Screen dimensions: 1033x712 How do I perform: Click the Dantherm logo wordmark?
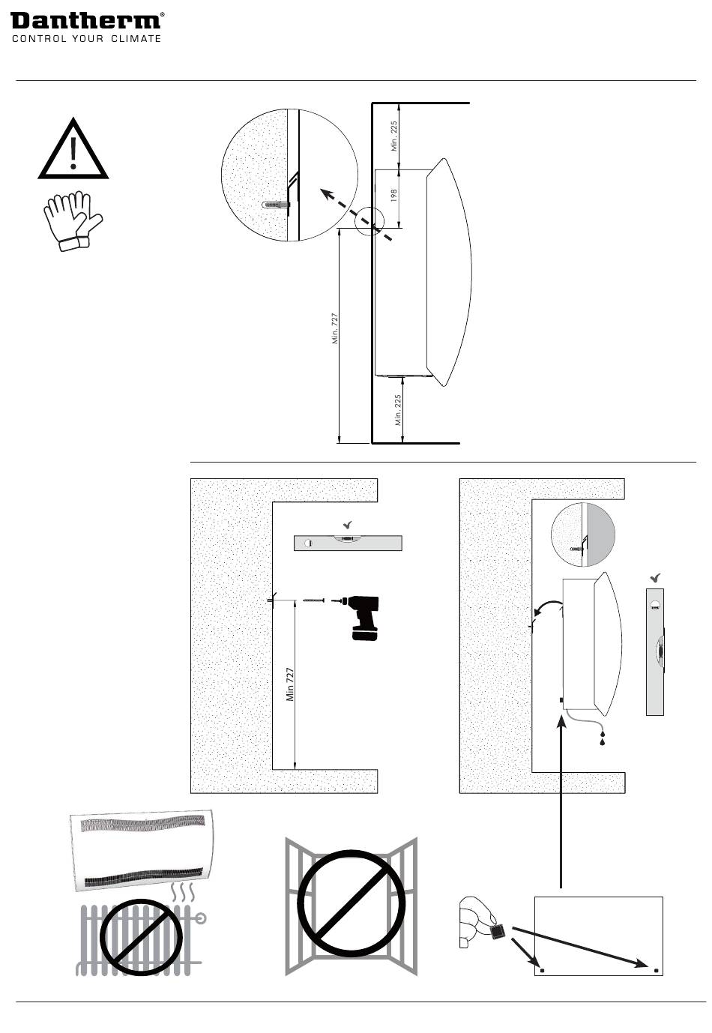pos(86,20)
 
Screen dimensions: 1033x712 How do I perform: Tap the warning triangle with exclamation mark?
pos(73,150)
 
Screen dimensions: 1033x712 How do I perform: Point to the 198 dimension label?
pos(393,196)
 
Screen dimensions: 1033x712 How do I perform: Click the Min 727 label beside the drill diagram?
pos(290,684)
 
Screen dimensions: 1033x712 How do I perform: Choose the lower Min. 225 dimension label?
pos(399,410)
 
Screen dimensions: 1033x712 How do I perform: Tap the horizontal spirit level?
pos(348,543)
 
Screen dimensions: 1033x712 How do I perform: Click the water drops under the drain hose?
pos(602,740)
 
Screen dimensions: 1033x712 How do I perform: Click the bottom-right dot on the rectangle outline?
pos(657,971)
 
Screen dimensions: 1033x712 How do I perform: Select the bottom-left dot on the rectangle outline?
pos(543,971)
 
